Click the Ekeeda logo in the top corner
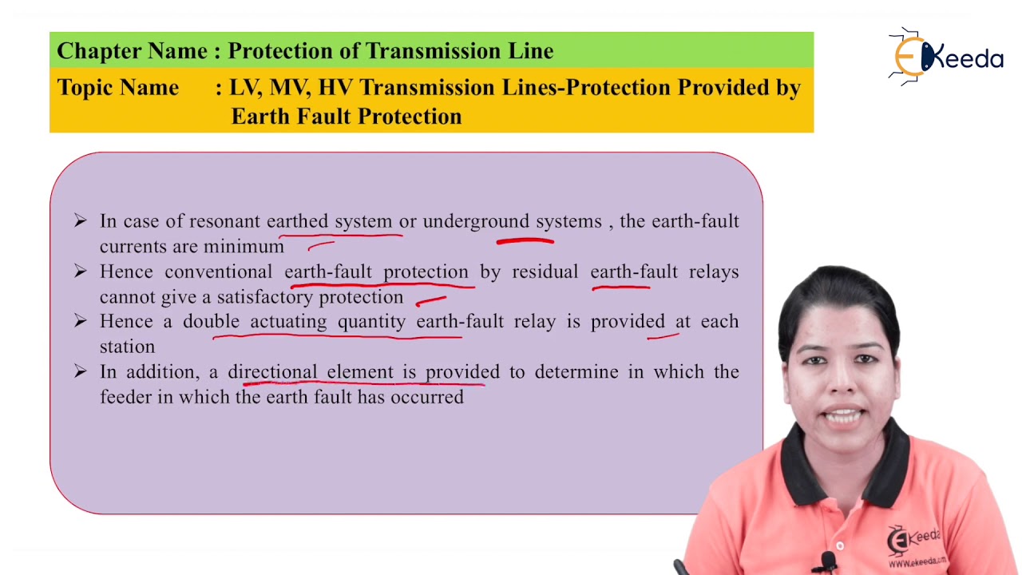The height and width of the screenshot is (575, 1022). pos(946,57)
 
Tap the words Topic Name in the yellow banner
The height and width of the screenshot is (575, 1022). pos(117,88)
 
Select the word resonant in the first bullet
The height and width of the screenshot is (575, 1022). pos(224,221)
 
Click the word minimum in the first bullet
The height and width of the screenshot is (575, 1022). pos(244,247)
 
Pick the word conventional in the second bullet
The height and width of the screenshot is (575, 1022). pos(219,272)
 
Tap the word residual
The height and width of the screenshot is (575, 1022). pos(545,272)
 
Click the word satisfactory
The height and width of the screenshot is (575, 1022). pos(265,297)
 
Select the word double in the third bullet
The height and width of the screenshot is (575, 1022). pos(212,322)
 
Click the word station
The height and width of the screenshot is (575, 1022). pos(127,347)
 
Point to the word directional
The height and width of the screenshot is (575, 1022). pos(272,372)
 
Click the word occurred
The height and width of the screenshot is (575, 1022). pos(426,397)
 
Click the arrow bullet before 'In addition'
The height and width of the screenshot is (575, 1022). pos(80,371)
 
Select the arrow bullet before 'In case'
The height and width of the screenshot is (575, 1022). pos(80,220)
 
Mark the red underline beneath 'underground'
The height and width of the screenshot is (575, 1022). pos(525,238)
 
